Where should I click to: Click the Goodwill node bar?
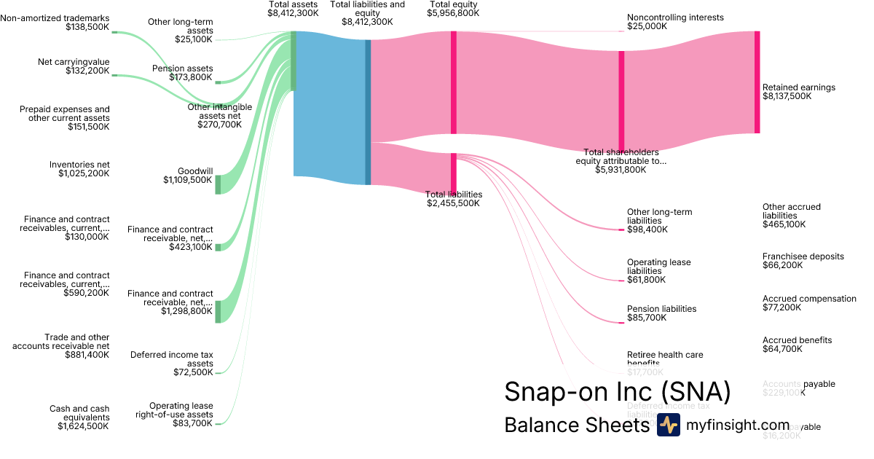tap(218, 184)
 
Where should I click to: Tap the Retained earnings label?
tap(798, 87)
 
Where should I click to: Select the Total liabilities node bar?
tap(453, 173)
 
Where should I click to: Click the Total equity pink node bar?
tap(453, 82)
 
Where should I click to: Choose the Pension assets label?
tap(182, 68)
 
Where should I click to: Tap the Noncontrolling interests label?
tap(675, 17)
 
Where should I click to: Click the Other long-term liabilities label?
tap(659, 216)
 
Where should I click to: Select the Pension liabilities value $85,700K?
tap(647, 318)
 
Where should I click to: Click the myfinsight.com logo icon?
tap(668, 425)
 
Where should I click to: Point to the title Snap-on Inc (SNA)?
tap(617, 392)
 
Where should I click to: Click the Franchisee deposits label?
tap(803, 256)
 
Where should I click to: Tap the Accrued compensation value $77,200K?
tap(782, 307)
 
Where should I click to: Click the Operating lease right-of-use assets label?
tap(174, 410)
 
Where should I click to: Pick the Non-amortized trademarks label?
tap(55, 17)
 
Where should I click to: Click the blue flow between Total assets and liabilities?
tap(329, 109)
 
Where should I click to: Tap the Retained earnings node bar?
tap(757, 82)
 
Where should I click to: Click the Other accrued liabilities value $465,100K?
tap(784, 224)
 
